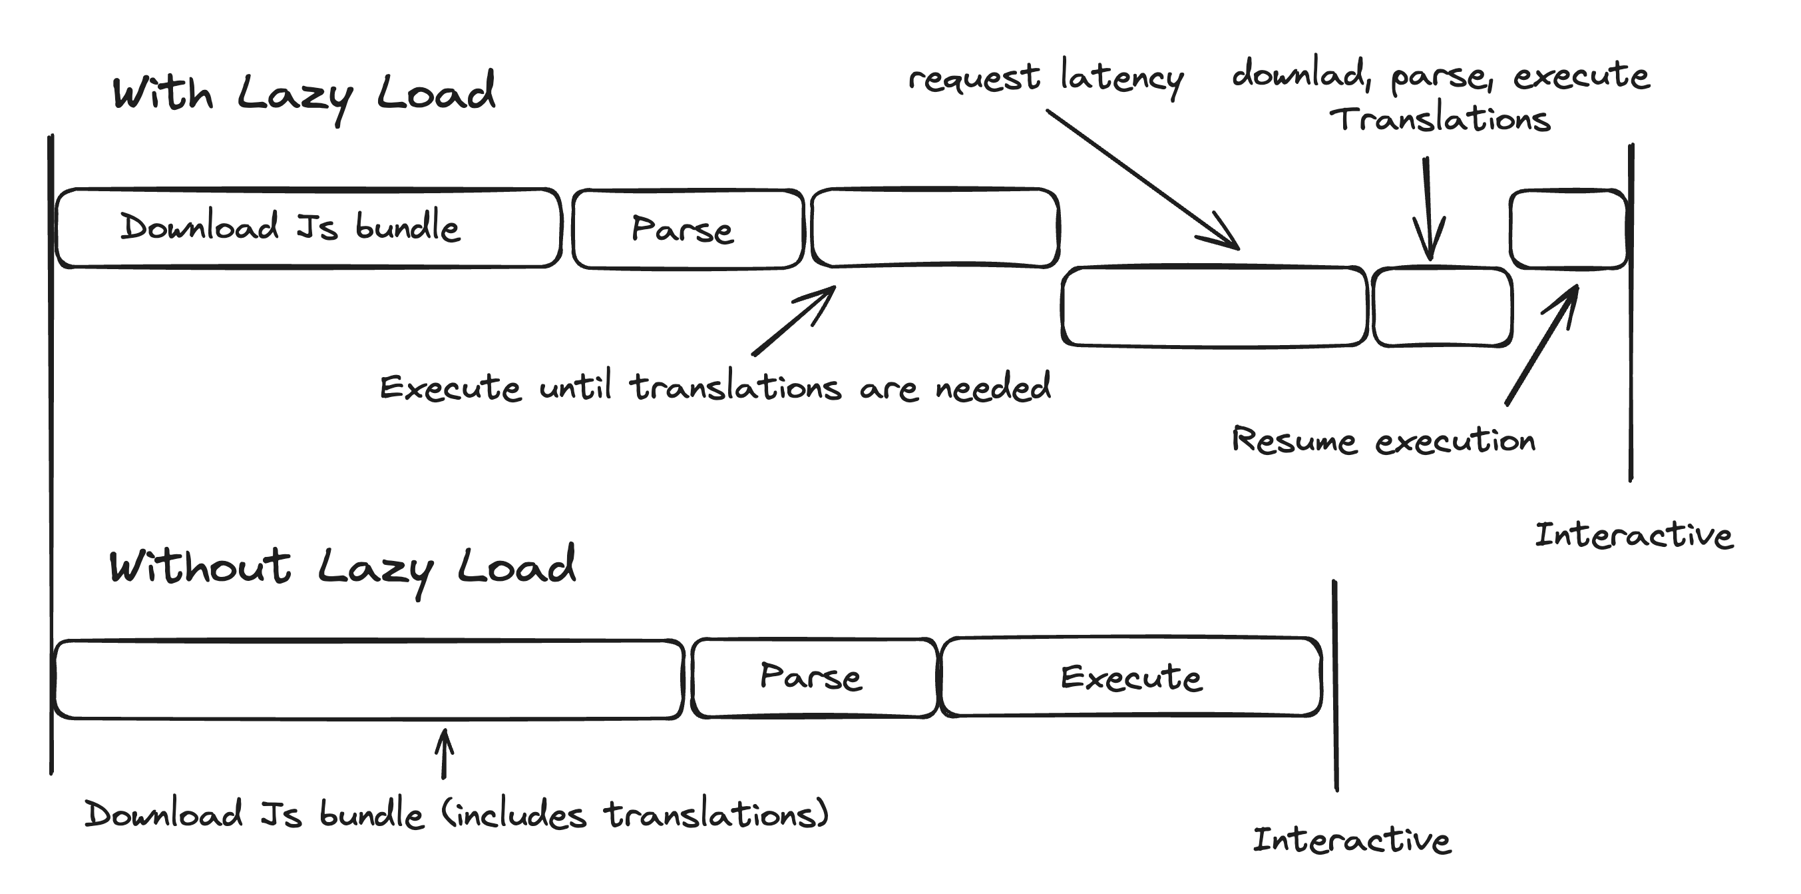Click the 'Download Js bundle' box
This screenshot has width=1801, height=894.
pos(307,228)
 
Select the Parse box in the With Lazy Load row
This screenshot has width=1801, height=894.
pos(688,228)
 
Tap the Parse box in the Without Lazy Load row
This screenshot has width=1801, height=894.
pos(814,677)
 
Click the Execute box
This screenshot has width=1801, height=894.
pos(1131,677)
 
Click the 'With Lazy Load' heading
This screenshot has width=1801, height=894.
pos(303,95)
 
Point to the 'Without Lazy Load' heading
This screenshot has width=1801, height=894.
pos(343,568)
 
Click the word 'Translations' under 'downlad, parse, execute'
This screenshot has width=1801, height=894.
pos(1440,119)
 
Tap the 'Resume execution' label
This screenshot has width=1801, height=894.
pos(1383,441)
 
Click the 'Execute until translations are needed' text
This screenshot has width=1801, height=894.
pos(715,388)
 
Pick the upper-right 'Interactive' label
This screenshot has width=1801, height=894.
pos(1633,535)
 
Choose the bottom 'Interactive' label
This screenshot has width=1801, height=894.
pos(1352,839)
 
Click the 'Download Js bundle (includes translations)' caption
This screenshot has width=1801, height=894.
pos(456,814)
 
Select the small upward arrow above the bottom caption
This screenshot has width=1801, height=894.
pos(444,753)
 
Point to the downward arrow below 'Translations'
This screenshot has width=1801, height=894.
pos(1428,209)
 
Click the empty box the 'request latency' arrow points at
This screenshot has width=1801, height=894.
pos(1214,306)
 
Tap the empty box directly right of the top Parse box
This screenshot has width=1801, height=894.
pos(934,228)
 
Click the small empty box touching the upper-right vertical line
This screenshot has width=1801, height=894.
pos(1568,228)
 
